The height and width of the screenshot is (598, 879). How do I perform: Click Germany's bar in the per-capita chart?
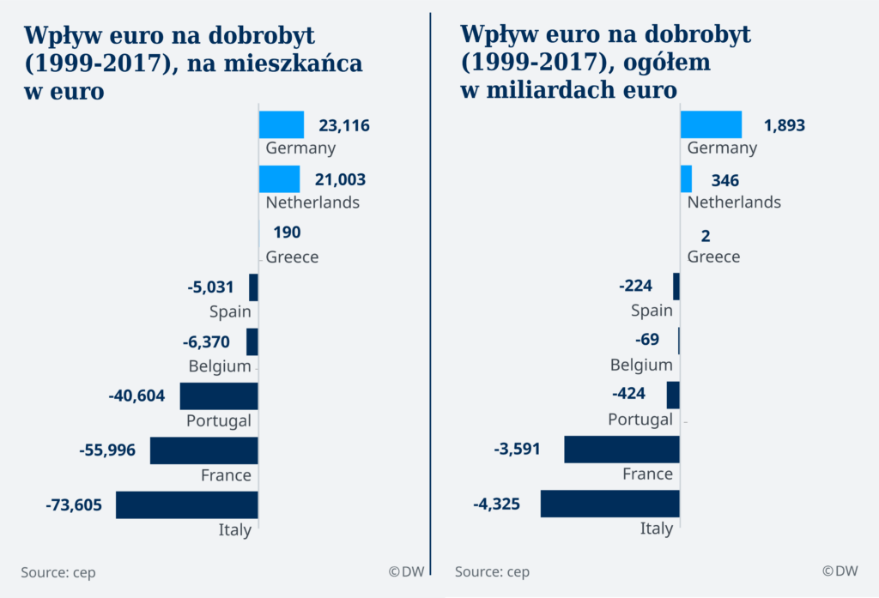pos(282,124)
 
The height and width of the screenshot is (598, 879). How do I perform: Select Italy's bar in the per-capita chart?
pos(187,504)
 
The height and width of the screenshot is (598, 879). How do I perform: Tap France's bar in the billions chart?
pos(621,449)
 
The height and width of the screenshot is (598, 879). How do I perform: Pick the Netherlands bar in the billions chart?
pos(686,178)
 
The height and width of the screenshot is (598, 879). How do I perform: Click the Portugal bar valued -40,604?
pos(219,396)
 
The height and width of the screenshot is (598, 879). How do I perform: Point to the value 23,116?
pos(343,125)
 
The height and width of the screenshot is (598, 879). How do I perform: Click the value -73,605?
pos(74,504)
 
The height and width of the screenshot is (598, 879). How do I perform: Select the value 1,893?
pos(784,125)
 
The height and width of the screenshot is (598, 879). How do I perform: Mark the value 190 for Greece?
pos(287,233)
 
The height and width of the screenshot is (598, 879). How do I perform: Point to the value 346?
pos(725,180)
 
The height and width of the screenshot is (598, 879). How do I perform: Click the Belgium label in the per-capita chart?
pos(220,366)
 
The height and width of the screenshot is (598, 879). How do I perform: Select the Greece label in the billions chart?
pos(713,257)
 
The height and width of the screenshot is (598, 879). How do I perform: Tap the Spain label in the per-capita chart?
pos(230,311)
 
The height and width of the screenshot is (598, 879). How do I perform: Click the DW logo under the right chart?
pos(840,571)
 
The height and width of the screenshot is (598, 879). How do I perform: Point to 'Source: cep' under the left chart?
pos(58,572)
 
